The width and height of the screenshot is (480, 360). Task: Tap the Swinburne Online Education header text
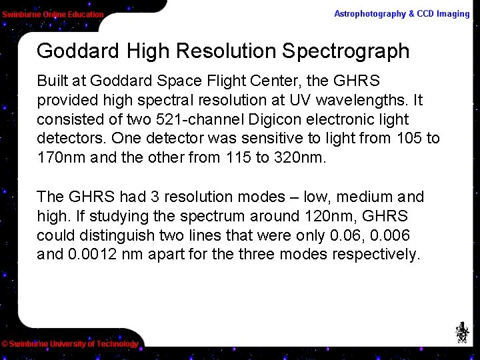53,14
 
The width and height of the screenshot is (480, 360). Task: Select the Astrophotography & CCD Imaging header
401,13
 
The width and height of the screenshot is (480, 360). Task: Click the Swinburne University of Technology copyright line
70,344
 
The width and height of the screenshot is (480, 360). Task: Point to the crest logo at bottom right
461,332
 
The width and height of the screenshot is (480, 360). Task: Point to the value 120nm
323,216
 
